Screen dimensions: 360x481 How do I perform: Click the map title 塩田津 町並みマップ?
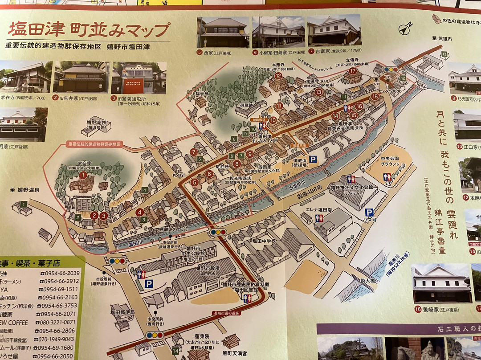pos(89,30)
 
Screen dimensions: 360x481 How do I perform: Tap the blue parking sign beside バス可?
pos(369,213)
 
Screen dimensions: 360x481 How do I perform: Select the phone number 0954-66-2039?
pos(60,273)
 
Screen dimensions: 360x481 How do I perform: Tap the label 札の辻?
pos(179,176)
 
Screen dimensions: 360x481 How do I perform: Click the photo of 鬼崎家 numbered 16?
pos(441,284)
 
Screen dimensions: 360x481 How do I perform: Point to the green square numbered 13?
pos(444,54)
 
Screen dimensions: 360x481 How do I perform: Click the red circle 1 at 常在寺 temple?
pos(83,175)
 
